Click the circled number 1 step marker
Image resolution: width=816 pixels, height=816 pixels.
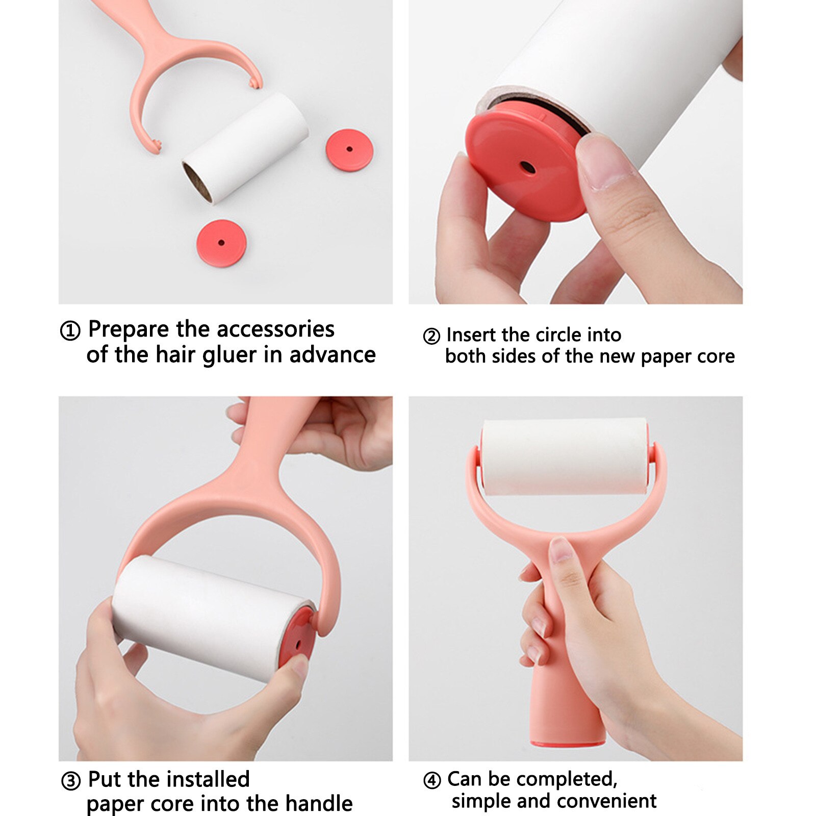pyautogui.click(x=70, y=331)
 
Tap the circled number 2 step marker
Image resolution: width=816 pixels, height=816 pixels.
pyautogui.click(x=431, y=337)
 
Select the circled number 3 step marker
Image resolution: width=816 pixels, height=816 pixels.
pyautogui.click(x=71, y=781)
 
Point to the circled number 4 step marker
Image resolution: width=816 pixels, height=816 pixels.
pyautogui.click(x=432, y=780)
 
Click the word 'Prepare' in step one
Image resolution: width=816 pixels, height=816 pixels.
pyautogui.click(x=129, y=330)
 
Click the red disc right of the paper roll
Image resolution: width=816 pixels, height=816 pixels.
pyautogui.click(x=349, y=149)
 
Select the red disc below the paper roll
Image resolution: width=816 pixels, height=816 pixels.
pyautogui.click(x=221, y=243)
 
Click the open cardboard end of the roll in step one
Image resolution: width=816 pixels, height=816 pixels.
pyautogui.click(x=197, y=183)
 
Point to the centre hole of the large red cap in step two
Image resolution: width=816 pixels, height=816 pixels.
pyautogui.click(x=527, y=167)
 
